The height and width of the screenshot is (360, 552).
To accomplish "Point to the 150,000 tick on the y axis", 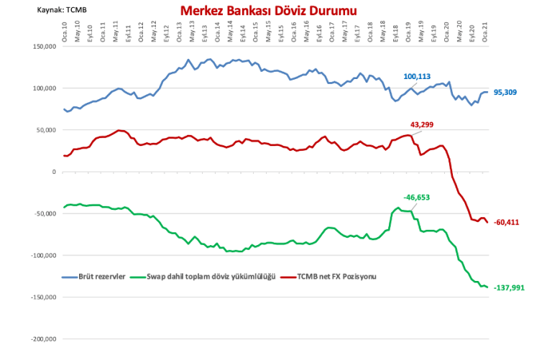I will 45,47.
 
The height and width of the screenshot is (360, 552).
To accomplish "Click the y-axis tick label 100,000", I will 45,88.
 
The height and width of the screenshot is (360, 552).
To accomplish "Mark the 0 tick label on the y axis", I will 53,172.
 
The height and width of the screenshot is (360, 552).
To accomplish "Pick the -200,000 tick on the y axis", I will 43,338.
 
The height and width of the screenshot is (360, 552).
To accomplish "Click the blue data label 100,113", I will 417,76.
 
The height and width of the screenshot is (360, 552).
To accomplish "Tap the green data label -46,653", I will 415,197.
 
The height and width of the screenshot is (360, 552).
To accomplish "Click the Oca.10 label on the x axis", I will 64,31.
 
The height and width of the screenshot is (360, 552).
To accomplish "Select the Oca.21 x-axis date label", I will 485,31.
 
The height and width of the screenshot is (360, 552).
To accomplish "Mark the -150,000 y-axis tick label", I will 43,297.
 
